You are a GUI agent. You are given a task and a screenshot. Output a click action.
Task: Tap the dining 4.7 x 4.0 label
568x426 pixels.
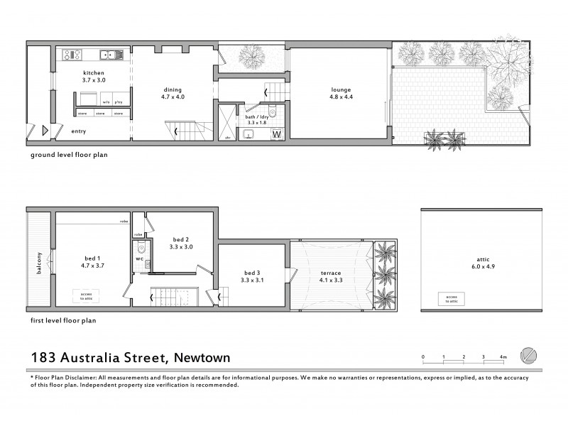(x=173, y=93)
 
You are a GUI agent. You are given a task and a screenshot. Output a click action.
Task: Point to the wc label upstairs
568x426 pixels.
(x=141, y=259)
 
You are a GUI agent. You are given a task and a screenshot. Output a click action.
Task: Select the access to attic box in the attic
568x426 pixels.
(x=449, y=300)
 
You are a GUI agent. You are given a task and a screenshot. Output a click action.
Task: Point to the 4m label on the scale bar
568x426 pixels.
(x=503, y=356)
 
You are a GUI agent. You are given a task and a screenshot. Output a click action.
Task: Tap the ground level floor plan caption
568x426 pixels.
(x=68, y=153)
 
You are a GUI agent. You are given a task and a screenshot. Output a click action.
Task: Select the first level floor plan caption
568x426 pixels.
(x=64, y=320)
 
